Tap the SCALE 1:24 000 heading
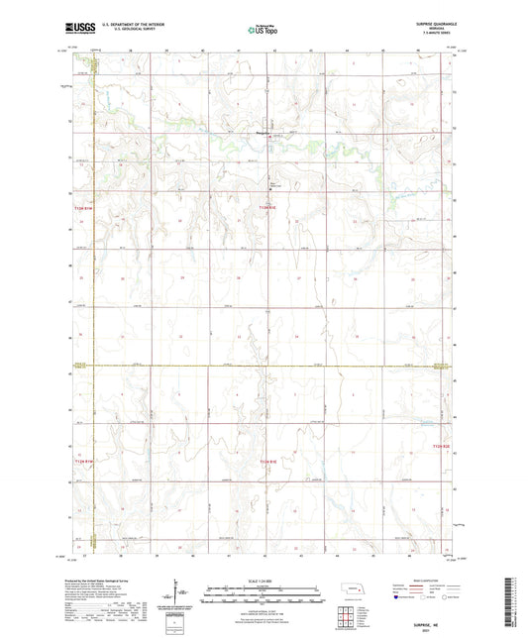point(264,581)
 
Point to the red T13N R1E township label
point(268,205)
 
